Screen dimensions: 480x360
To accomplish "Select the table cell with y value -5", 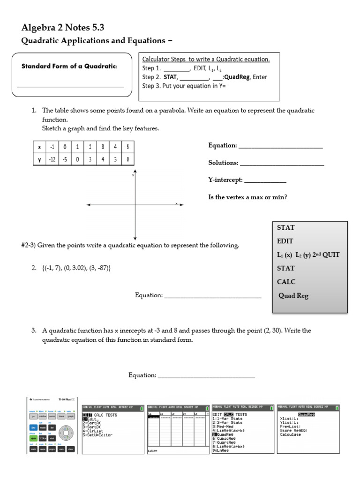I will click(64, 159).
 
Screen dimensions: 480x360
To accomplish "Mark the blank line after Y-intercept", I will click(265, 181).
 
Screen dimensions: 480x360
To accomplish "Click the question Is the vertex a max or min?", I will click(247, 197).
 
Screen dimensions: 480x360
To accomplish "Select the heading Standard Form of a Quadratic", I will click(69, 66).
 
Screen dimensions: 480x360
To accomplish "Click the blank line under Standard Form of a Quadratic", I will click(70, 86).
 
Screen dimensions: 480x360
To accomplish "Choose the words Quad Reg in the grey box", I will click(293, 296).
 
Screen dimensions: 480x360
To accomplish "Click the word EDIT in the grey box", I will click(285, 241).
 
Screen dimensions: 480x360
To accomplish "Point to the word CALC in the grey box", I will click(285, 282).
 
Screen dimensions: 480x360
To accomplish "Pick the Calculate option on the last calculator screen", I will click(291, 434).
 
